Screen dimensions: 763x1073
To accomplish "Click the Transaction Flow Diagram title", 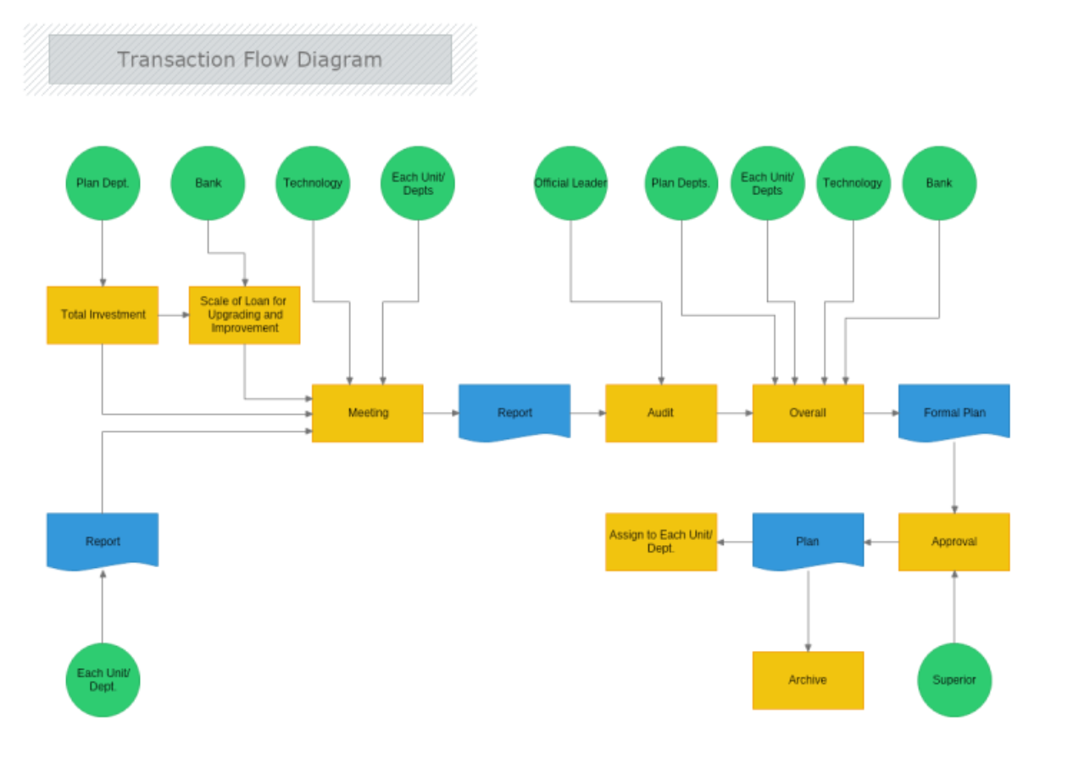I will click(250, 59).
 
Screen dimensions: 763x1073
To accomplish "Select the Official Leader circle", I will click(570, 183).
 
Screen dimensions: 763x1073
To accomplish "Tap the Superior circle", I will click(954, 680).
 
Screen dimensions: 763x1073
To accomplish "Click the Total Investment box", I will click(103, 315).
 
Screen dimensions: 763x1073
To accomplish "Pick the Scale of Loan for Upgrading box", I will click(244, 315).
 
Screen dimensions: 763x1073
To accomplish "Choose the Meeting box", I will click(367, 413).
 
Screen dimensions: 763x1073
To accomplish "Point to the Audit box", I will click(661, 413).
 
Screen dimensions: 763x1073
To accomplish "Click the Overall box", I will click(808, 413).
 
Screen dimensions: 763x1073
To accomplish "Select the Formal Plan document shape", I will click(954, 413).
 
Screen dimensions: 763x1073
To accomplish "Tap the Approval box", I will click(954, 542).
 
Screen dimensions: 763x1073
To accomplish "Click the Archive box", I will click(808, 680).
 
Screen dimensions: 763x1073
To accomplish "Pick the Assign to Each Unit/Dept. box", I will click(661, 542).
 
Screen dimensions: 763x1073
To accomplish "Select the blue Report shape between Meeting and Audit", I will click(514, 413).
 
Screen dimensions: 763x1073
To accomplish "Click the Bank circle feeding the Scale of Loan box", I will click(208, 183).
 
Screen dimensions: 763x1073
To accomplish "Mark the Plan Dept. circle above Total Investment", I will click(103, 183).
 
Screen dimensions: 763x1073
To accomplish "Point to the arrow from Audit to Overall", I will click(735, 413).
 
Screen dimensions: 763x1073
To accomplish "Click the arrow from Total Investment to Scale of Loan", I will click(174, 315).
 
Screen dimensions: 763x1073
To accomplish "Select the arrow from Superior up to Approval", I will click(954, 607).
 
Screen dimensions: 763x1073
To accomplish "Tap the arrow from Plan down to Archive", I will click(808, 610).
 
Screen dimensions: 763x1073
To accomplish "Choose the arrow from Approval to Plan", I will click(881, 542).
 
